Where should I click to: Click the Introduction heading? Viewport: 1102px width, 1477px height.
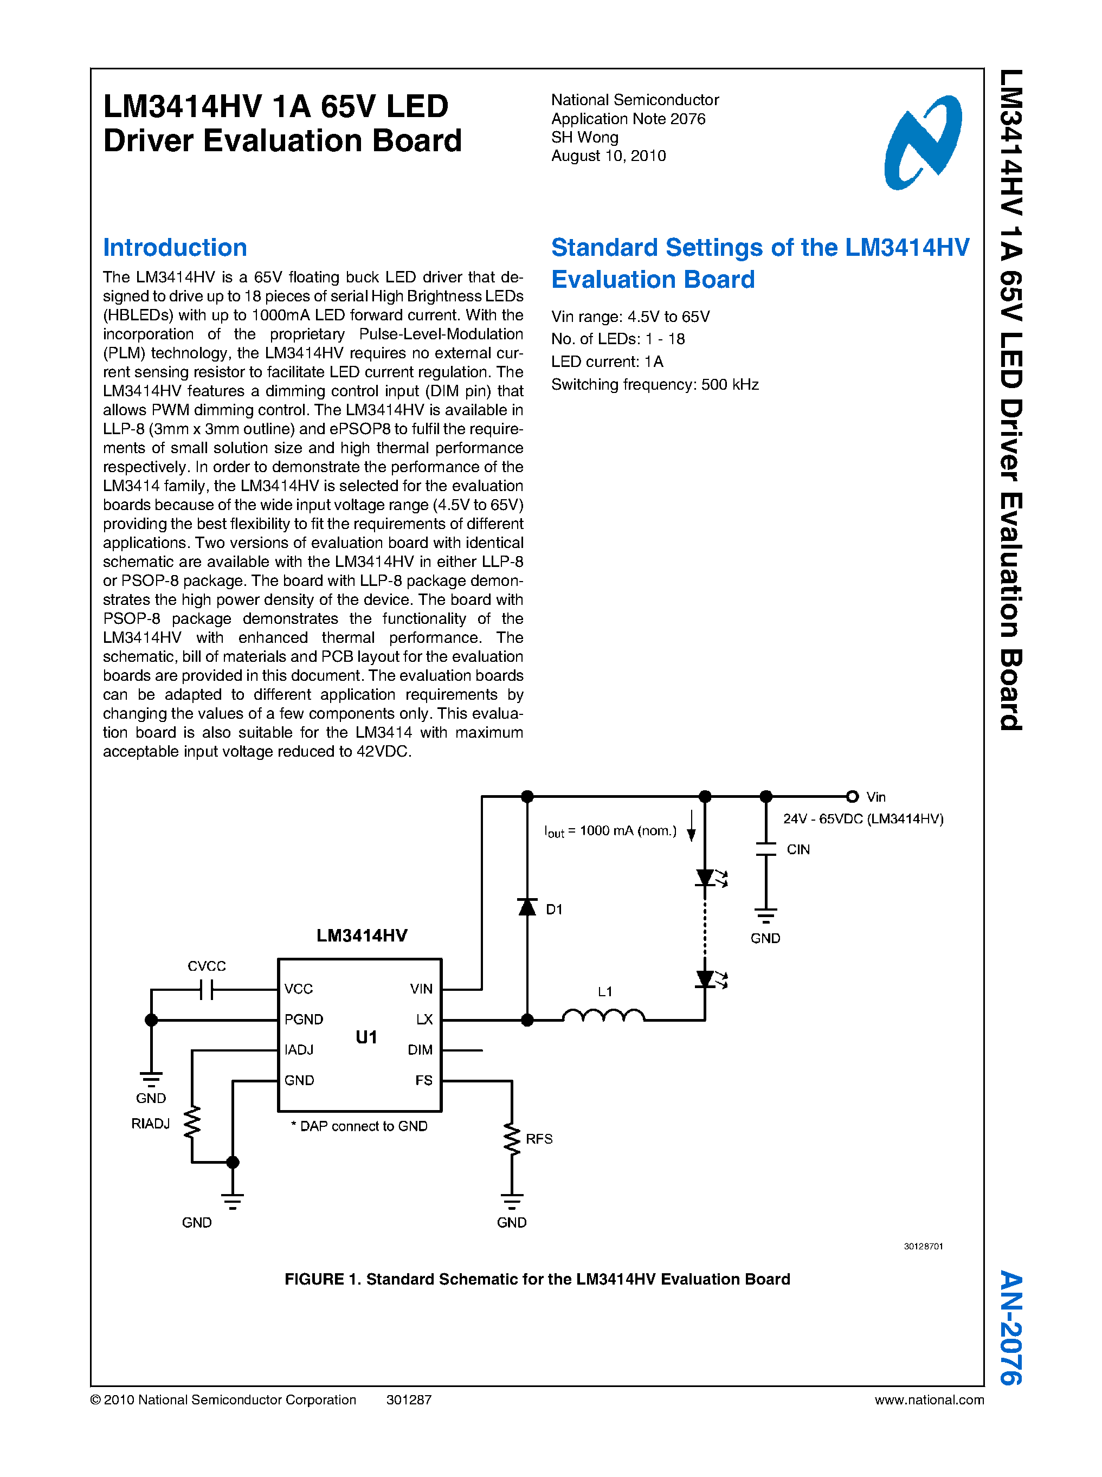[175, 248]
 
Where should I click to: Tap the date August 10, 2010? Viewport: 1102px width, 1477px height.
[608, 156]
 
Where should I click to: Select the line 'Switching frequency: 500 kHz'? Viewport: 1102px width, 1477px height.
[654, 385]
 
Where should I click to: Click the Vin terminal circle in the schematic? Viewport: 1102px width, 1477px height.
[852, 797]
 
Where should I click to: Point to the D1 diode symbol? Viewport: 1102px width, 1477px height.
[527, 907]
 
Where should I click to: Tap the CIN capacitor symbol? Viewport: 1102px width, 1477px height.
[766, 849]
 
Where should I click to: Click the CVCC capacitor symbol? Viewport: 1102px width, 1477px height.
[206, 989]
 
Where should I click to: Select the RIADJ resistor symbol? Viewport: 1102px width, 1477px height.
[192, 1123]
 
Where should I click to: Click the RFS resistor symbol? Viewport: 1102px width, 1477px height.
[512, 1139]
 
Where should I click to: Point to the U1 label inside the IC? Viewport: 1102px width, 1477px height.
[366, 1037]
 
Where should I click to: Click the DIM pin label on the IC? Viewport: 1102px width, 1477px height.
[420, 1050]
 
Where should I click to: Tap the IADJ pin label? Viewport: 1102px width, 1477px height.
[299, 1050]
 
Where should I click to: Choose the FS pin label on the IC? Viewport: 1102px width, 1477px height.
[423, 1080]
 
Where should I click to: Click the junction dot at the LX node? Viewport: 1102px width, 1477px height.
[527, 1020]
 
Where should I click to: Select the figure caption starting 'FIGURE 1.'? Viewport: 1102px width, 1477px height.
[537, 1279]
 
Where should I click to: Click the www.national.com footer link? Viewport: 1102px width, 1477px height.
[929, 1399]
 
